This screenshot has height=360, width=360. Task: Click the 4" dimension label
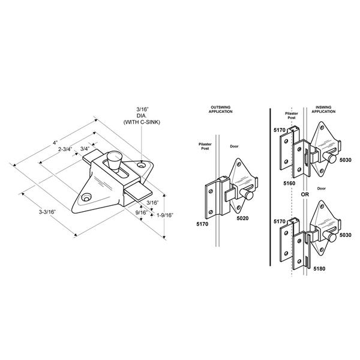pyautogui.click(x=55, y=143)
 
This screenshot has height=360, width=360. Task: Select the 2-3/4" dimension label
pyautogui.click(x=65, y=149)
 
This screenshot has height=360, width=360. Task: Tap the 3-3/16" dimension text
pyautogui.click(x=47, y=212)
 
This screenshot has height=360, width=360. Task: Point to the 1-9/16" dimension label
pyautogui.click(x=165, y=215)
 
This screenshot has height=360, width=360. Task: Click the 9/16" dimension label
pyautogui.click(x=141, y=212)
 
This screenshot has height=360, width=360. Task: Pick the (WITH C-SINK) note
pyautogui.click(x=142, y=122)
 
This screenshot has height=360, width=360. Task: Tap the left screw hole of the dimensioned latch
pyautogui.click(x=86, y=197)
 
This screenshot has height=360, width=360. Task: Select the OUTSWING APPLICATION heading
pyautogui.click(x=221, y=110)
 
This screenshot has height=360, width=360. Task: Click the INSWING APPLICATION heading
pyautogui.click(x=323, y=109)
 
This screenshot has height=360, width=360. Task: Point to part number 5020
pyautogui.click(x=242, y=218)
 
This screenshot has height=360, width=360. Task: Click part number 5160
pyautogui.click(x=289, y=183)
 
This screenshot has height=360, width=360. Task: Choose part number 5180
pyautogui.click(x=319, y=269)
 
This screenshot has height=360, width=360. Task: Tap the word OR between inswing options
pyautogui.click(x=305, y=194)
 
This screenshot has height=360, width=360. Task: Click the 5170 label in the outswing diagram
pyautogui.click(x=202, y=224)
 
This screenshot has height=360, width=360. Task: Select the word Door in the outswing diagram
pyautogui.click(x=234, y=146)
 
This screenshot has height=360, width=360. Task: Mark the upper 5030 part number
pyautogui.click(x=346, y=160)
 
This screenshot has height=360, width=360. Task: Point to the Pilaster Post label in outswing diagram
pyautogui.click(x=205, y=146)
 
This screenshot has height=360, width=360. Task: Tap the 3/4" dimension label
pyautogui.click(x=85, y=149)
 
